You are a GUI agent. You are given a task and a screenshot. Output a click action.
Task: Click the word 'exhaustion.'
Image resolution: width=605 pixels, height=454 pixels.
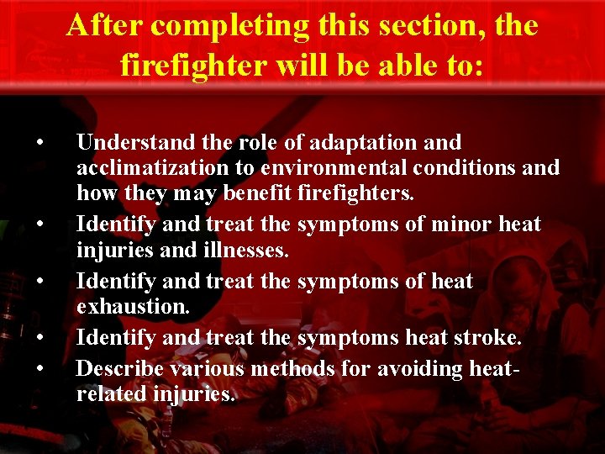coord(133,307)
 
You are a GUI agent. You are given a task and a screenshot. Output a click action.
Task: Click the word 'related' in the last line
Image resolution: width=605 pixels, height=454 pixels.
coord(110,393)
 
